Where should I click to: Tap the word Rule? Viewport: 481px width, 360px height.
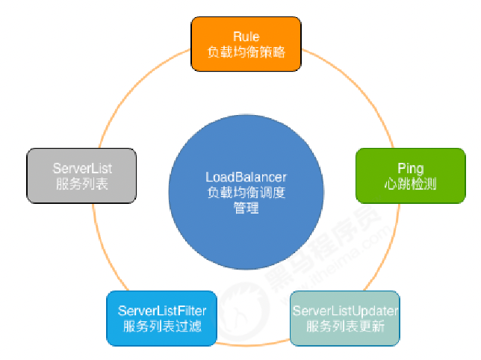[x=246, y=37]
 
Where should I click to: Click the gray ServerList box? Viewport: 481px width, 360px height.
[x=81, y=175]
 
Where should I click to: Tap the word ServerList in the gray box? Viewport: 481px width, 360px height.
[x=81, y=167]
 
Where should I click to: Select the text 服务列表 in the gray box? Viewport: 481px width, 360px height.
[x=81, y=184]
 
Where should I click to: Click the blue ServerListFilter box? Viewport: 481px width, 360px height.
[x=162, y=318]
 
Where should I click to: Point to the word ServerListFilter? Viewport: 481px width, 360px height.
[x=162, y=310]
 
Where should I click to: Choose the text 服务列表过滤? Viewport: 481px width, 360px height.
[x=162, y=327]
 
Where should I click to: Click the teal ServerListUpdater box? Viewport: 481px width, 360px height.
[x=345, y=318]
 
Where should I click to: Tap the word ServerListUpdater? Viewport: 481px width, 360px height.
[x=345, y=310]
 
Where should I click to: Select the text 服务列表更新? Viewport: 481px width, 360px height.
[x=345, y=327]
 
